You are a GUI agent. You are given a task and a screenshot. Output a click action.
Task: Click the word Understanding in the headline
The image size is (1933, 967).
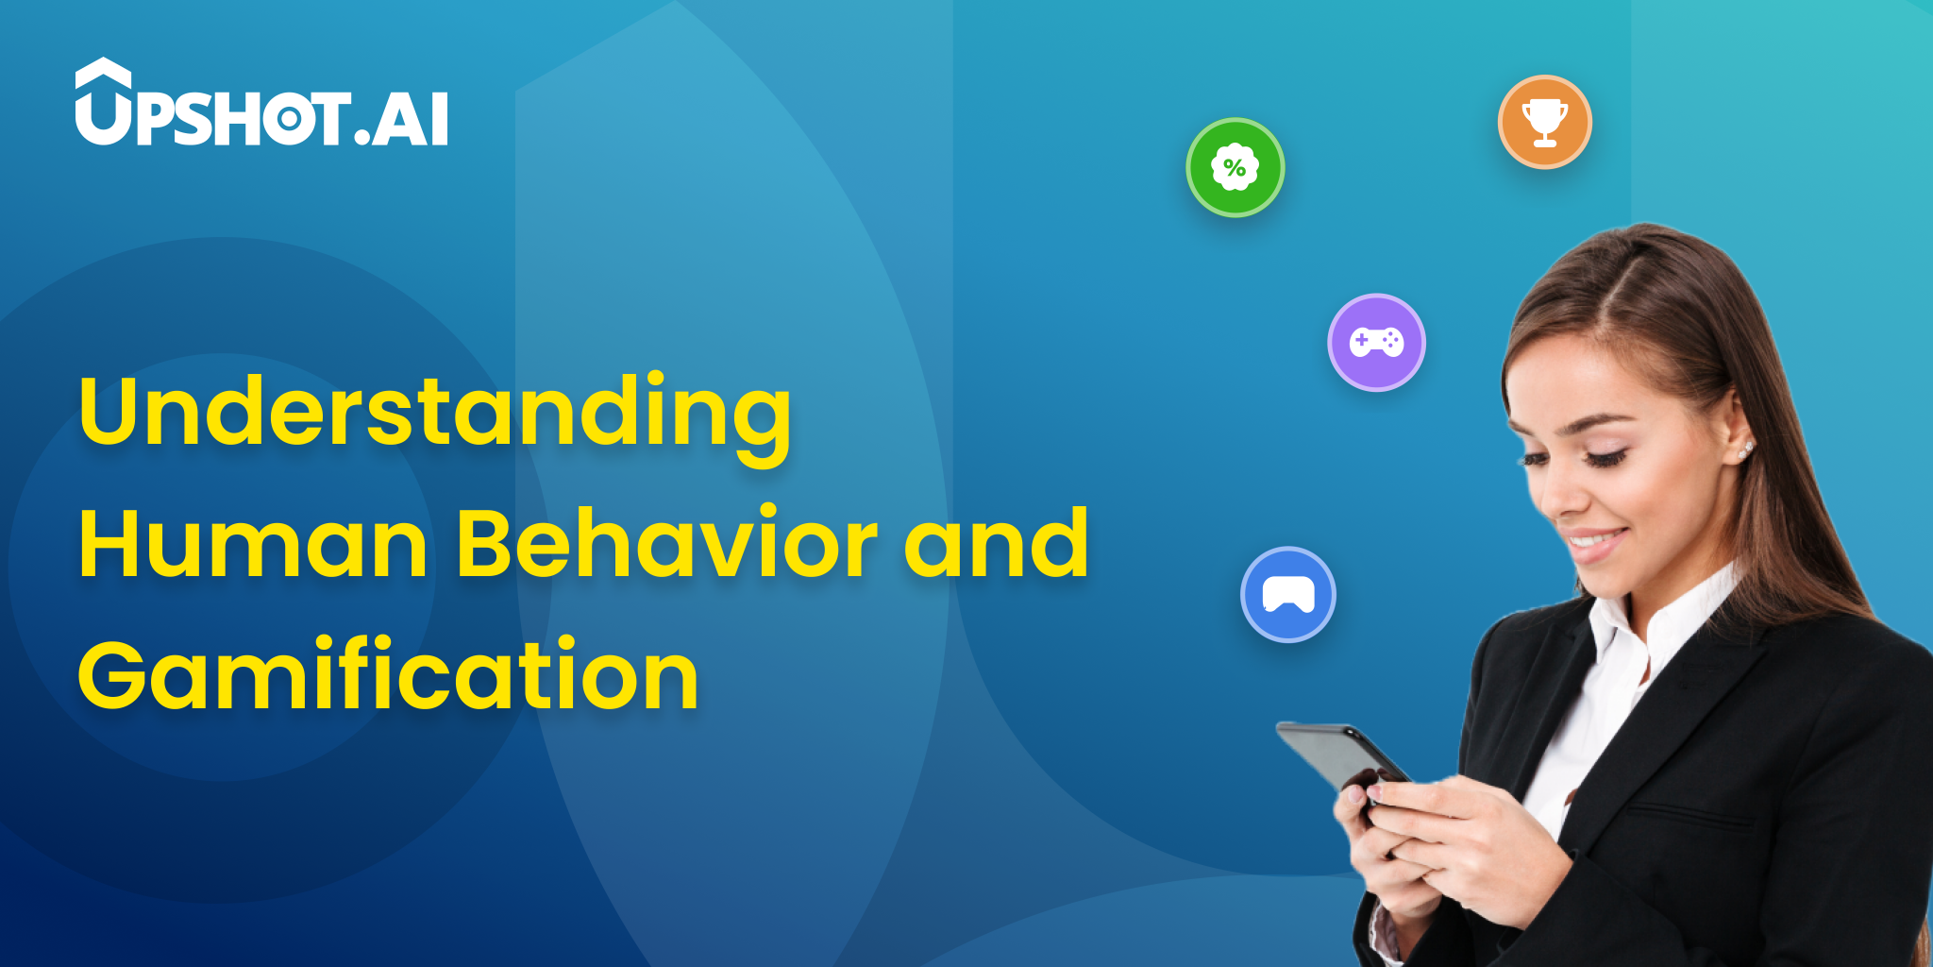pos(434,413)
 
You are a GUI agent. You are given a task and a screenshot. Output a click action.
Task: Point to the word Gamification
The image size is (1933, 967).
pos(388,675)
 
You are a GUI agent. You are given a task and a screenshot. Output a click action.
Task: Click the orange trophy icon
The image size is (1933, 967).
pos(1544,122)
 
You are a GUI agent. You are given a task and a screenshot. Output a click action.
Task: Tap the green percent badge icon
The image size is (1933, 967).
pos(1235,167)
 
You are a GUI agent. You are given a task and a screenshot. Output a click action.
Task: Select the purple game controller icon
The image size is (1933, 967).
pos(1376,342)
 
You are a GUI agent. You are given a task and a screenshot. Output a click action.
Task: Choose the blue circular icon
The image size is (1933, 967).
pos(1287,595)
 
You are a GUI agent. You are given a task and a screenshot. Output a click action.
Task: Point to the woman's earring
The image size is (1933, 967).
pos(1747,449)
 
